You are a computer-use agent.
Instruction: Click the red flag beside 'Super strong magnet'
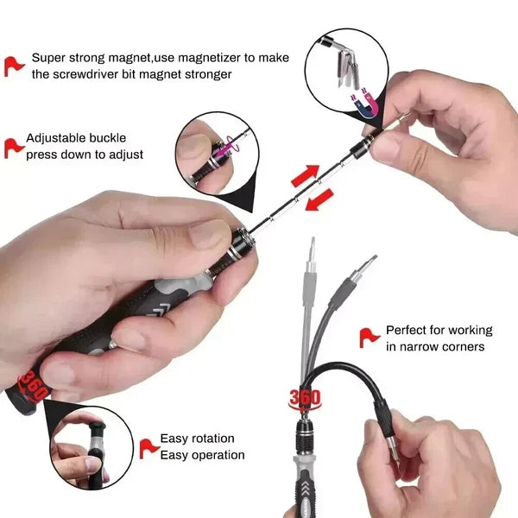(x=15, y=66)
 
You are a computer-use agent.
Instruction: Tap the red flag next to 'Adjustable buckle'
(x=13, y=146)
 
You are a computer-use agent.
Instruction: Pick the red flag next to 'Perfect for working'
(x=370, y=338)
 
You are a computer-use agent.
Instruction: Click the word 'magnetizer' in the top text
(x=202, y=58)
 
